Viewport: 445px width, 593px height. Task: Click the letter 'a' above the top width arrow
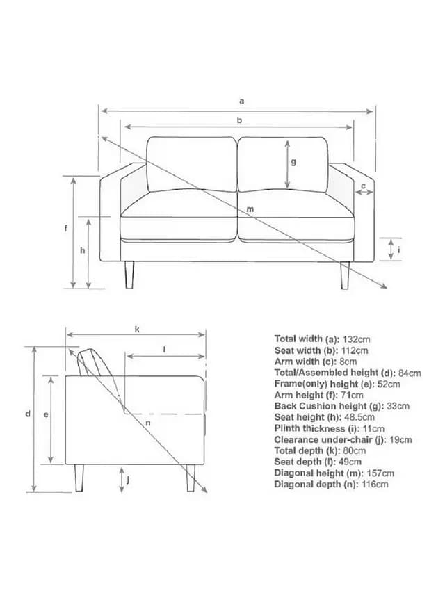[x=242, y=101]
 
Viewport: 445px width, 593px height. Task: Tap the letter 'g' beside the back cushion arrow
[x=293, y=162]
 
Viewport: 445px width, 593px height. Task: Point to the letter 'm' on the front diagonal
[x=250, y=209]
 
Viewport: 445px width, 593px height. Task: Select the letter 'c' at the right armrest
[x=363, y=186]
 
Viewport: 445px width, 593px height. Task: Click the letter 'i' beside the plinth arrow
[x=398, y=250]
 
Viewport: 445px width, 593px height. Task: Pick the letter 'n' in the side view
[x=148, y=423]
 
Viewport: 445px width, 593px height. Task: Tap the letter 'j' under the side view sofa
[x=128, y=480]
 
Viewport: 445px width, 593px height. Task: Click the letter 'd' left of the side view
[x=28, y=414]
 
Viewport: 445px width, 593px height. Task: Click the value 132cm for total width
[x=356, y=339]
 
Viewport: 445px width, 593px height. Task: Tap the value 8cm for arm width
[x=348, y=362]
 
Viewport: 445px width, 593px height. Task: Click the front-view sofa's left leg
[x=129, y=275]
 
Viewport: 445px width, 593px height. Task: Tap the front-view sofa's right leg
[x=345, y=275]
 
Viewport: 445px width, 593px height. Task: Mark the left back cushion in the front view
[x=191, y=164]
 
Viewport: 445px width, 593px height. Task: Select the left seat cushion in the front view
[x=179, y=216]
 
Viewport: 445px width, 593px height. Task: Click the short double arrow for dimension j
[x=122, y=480]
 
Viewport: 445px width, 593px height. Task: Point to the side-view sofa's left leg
[x=79, y=478]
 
